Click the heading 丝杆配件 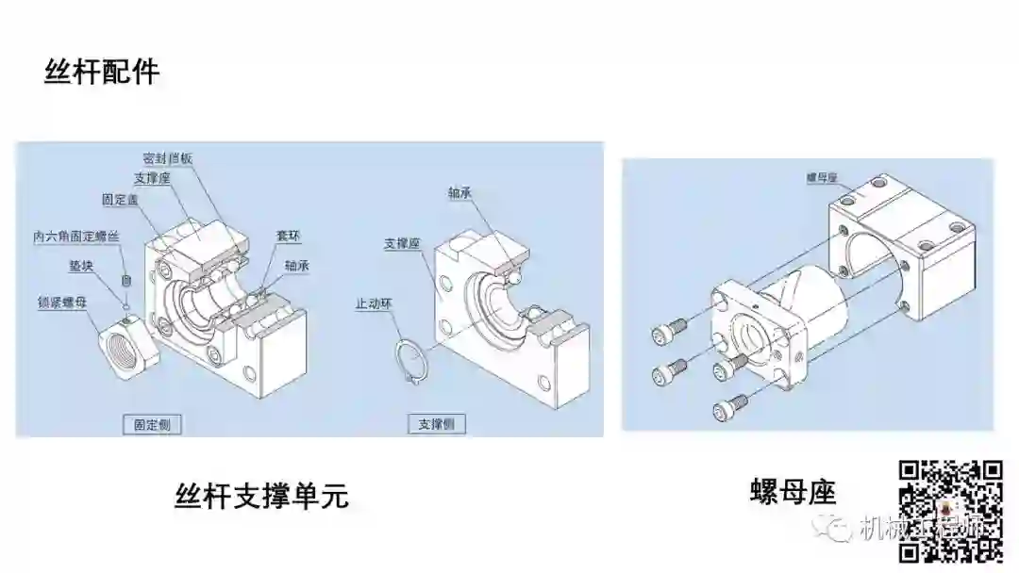pos(102,73)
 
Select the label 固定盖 pos(121,200)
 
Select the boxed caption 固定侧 pos(152,425)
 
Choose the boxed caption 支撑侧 pos(436,425)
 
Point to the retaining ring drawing pos(411,363)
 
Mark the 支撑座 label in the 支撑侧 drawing pos(402,242)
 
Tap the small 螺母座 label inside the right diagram pos(823,176)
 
